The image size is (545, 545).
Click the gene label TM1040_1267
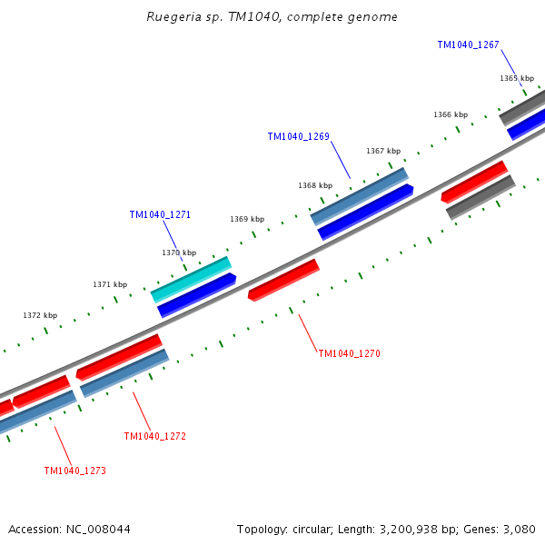(x=468, y=45)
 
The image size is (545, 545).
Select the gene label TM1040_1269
(x=298, y=136)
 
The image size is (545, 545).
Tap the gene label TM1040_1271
(x=160, y=214)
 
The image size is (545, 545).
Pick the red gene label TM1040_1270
(x=349, y=352)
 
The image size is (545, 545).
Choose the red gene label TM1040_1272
(x=154, y=436)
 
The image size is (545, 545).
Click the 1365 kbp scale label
(x=516, y=78)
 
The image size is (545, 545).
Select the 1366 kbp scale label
(x=451, y=114)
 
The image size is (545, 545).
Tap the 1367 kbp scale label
(x=383, y=151)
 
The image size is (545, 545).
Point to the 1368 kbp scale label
(x=314, y=185)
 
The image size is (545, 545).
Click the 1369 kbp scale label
(x=247, y=219)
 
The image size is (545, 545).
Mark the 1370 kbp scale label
(x=179, y=253)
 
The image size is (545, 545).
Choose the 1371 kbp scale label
(x=110, y=284)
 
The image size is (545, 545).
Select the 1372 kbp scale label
(x=40, y=315)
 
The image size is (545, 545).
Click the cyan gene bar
(x=192, y=279)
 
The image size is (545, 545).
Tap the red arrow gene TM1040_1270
(x=283, y=280)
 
